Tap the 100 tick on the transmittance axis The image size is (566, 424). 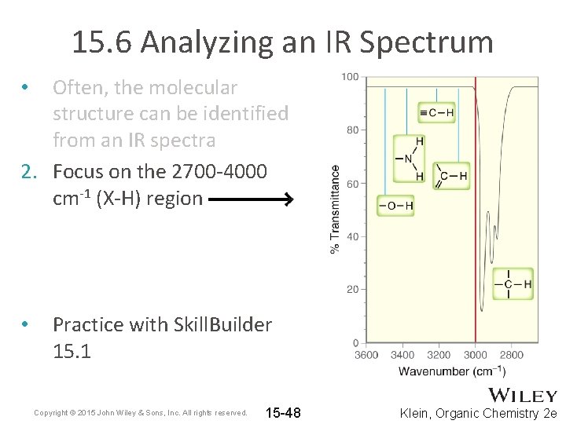point(350,77)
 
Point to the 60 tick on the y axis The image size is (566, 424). point(353,184)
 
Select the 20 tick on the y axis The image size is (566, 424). point(353,290)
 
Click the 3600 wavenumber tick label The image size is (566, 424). point(366,355)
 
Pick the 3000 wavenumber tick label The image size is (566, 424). point(475,355)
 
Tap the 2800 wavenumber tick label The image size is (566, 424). point(510,355)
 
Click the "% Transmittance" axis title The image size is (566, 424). point(336,209)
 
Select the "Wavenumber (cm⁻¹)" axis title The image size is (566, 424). point(451,371)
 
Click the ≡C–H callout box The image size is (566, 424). point(436,113)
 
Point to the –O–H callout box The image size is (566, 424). point(396,206)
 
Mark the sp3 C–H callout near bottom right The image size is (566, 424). point(513,283)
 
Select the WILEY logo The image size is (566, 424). point(523,396)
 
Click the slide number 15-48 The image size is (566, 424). point(284,413)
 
